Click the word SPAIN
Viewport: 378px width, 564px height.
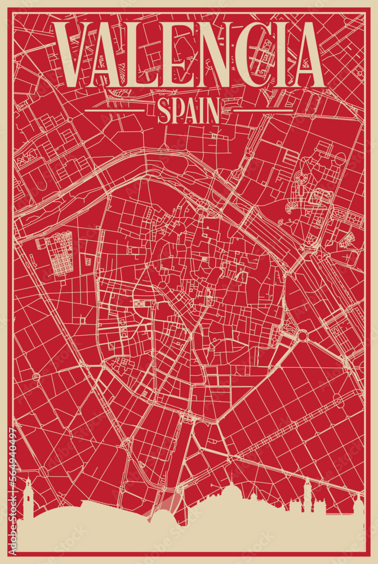click(188, 111)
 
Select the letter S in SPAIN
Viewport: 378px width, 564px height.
click(164, 111)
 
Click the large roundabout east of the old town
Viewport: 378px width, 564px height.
click(303, 336)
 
